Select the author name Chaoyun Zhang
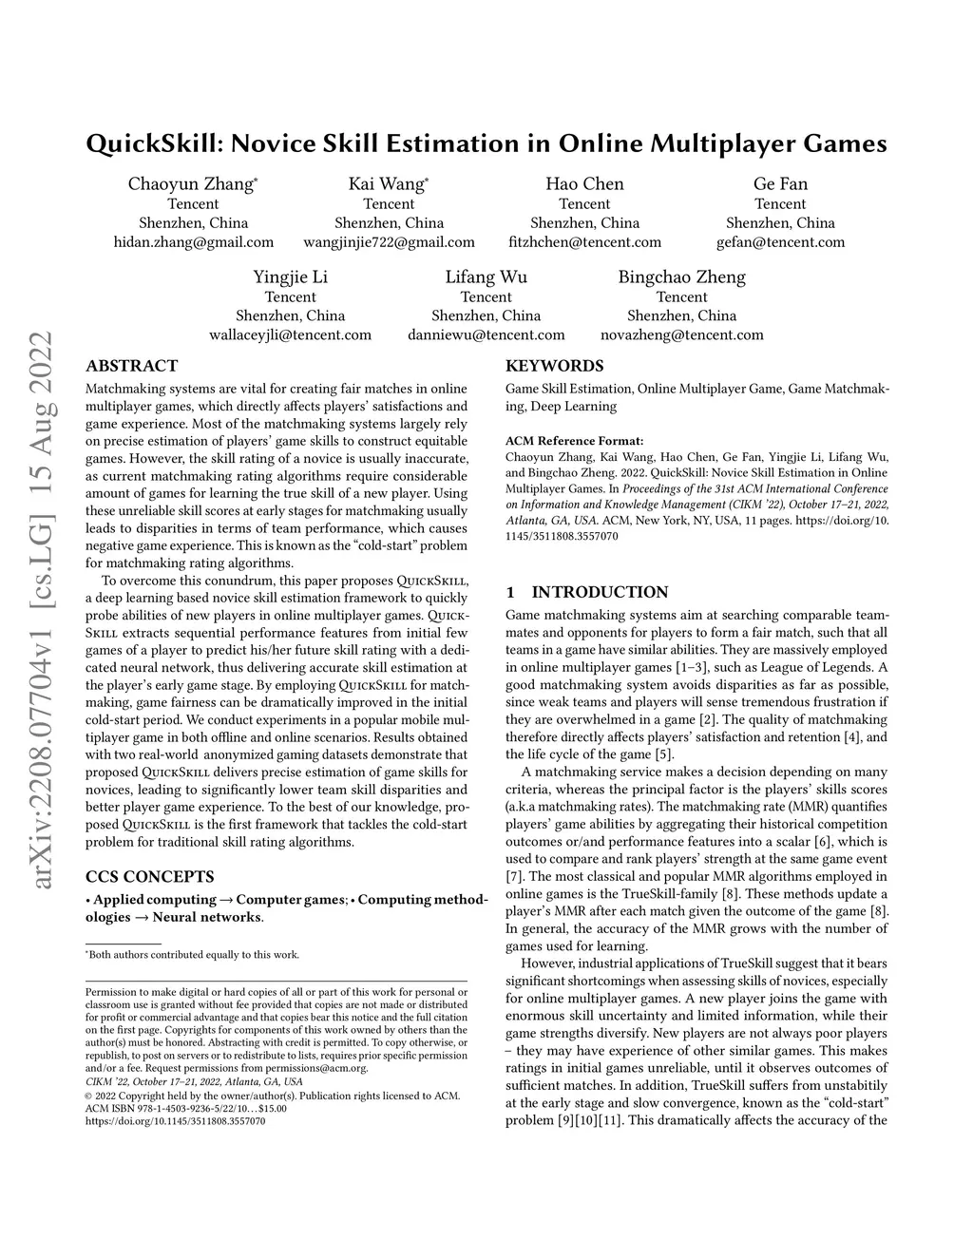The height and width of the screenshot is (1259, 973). [191, 184]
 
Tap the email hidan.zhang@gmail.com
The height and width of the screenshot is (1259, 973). [193, 242]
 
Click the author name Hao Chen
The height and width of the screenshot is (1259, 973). [584, 184]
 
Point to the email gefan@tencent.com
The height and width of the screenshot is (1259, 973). [780, 242]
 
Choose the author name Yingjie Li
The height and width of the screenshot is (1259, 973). [290, 277]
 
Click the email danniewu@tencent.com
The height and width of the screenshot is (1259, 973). [486, 334]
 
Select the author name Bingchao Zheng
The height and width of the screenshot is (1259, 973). [681, 277]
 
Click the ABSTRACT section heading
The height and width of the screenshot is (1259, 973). [131, 366]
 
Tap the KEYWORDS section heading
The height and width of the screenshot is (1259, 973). [554, 366]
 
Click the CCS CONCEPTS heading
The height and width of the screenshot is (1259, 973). [149, 876]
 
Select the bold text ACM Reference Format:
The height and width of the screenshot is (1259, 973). [574, 441]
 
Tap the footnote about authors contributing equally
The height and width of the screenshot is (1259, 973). [193, 955]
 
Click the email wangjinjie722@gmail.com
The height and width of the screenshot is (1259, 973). [389, 242]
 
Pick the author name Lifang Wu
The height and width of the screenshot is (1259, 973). [486, 277]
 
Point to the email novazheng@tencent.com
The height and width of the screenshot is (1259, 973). [681, 334]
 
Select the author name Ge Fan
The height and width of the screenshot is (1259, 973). [780, 184]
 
